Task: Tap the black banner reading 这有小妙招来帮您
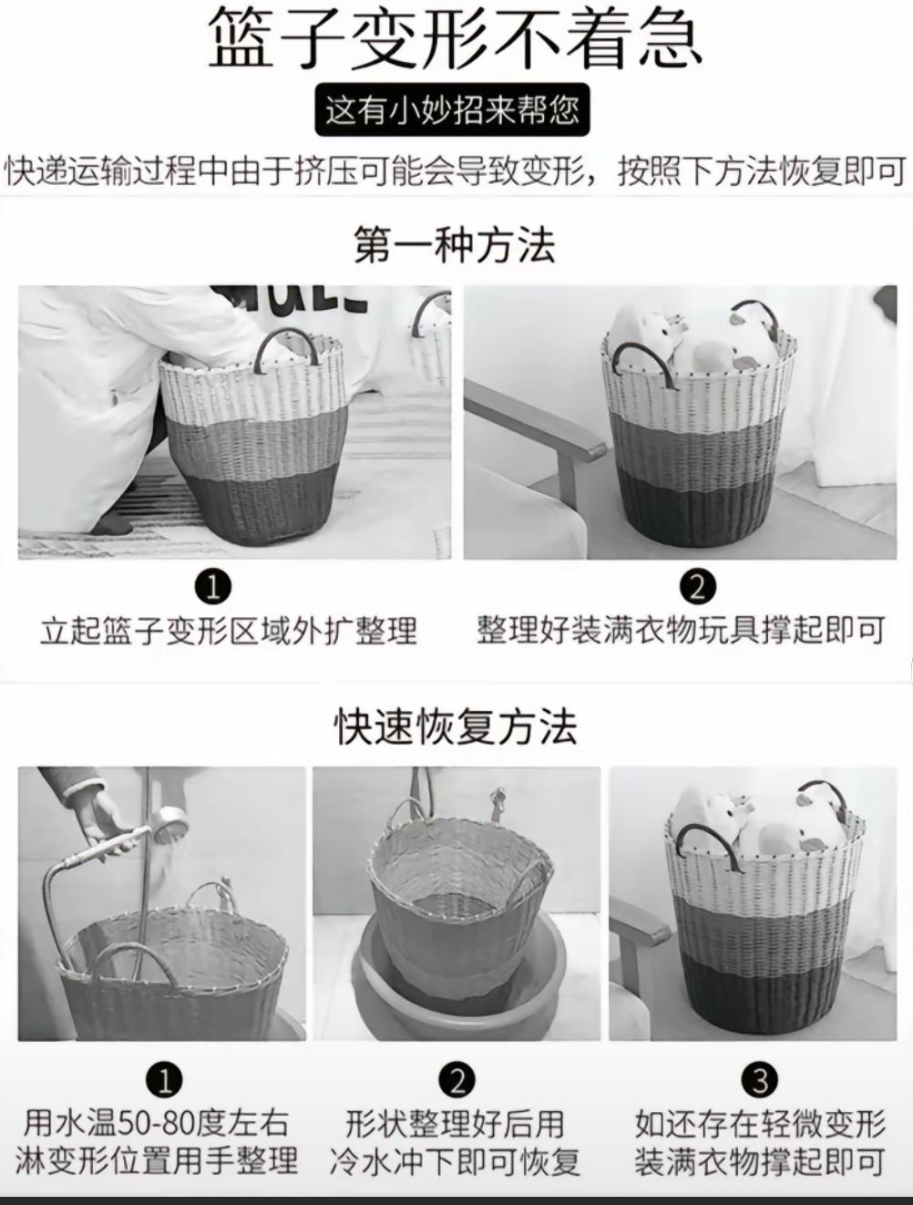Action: click(452, 109)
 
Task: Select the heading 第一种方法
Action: click(455, 245)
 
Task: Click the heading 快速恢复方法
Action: click(456, 726)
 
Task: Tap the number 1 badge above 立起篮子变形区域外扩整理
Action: click(213, 587)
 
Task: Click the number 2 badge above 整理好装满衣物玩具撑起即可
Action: click(697, 587)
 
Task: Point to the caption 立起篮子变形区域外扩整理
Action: click(228, 631)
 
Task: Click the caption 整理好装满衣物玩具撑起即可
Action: click(681, 631)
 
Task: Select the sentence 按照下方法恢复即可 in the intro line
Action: click(761, 171)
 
